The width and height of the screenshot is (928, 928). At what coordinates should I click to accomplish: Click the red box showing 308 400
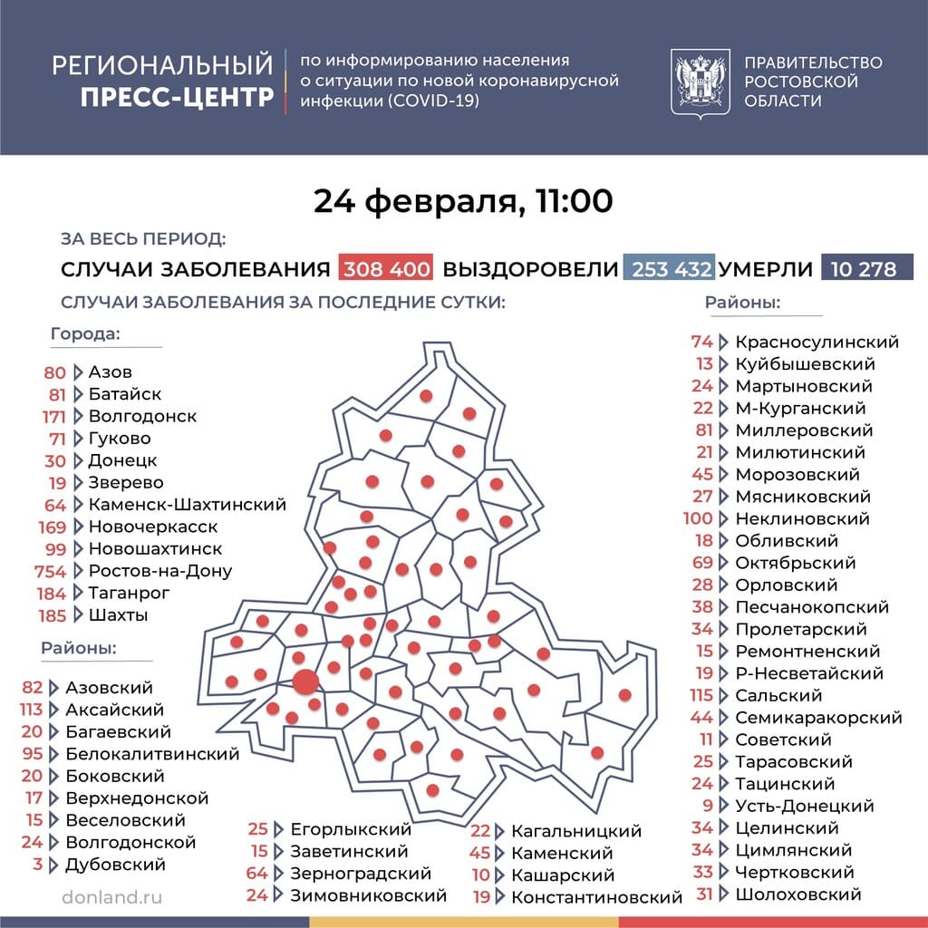[x=385, y=269]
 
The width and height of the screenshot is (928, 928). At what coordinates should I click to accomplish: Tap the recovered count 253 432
[x=669, y=269]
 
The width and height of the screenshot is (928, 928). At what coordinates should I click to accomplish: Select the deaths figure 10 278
[x=866, y=269]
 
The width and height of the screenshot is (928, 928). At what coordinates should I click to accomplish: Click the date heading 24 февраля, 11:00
[x=463, y=201]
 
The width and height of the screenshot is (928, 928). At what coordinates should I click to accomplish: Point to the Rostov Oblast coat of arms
[x=700, y=82]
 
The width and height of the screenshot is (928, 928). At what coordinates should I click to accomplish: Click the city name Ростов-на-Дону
[x=160, y=571]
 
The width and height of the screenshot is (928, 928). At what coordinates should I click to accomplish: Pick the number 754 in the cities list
[x=51, y=571]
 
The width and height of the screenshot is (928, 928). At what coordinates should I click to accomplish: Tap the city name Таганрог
[x=130, y=593]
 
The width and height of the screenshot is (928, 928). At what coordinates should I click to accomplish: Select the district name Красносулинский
[x=817, y=342]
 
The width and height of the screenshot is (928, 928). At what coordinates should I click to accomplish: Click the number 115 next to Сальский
[x=701, y=695]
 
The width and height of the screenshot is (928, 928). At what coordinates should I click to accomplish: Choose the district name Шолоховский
[x=797, y=894]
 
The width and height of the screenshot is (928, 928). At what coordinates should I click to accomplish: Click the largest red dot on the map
[x=305, y=681]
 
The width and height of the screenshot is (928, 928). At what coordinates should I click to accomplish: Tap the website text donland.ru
[x=112, y=896]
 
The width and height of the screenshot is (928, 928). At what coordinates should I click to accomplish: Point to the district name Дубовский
[x=115, y=865]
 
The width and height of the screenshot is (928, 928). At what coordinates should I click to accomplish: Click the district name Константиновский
[x=596, y=897]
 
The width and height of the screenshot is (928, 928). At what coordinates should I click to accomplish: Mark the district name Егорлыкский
[x=351, y=829]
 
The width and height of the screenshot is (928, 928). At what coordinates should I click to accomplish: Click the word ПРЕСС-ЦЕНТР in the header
[x=177, y=97]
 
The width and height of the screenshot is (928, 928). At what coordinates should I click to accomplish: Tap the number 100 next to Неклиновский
[x=699, y=518]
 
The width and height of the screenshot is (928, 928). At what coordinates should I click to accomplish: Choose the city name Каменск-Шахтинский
[x=188, y=505]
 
